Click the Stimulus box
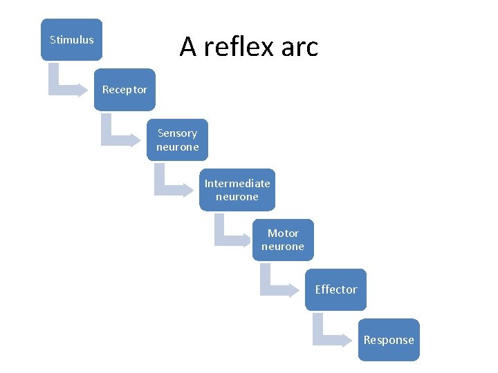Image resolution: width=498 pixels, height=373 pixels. click(71, 39)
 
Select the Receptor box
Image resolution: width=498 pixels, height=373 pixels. click(124, 90)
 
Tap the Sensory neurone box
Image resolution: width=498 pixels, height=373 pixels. click(177, 140)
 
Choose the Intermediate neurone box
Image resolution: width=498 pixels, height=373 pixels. click(237, 190)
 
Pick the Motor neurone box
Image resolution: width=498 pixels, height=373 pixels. click(282, 240)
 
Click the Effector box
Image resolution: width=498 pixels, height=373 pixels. click(335, 289)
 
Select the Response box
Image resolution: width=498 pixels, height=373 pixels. click(389, 340)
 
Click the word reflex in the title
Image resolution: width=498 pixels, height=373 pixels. click(237, 47)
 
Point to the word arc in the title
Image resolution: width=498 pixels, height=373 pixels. click(299, 47)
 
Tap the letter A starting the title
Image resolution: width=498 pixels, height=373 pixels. click(187, 47)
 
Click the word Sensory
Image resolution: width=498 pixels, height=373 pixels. click(177, 133)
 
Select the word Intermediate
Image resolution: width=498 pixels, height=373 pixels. click(237, 183)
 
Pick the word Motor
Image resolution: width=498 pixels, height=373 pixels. click(283, 233)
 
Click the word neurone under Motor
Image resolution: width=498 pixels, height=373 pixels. click(282, 247)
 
